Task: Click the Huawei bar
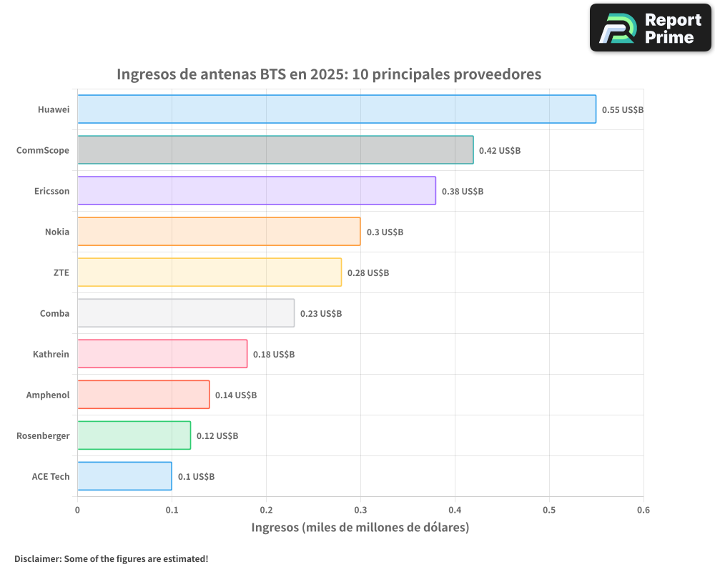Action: click(336, 109)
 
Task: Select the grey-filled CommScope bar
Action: click(275, 150)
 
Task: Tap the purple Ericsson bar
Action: click(256, 191)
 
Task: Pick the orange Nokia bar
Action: click(219, 232)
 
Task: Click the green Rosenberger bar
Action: click(134, 435)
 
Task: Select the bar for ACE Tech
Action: click(124, 476)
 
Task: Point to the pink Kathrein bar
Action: click(162, 354)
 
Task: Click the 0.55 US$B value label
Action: click(622, 110)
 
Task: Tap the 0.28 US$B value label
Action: click(368, 273)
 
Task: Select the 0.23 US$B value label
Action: click(320, 314)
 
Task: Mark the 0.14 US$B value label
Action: click(236, 395)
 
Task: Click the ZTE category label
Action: click(61, 272)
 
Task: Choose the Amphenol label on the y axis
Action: click(48, 395)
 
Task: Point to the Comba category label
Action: click(55, 313)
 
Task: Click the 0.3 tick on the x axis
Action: click(360, 511)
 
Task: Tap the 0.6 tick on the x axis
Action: click(643, 511)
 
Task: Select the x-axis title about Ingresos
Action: click(360, 528)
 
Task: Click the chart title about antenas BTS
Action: click(329, 74)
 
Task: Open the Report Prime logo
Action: click(651, 28)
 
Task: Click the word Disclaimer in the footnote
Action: click(37, 558)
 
